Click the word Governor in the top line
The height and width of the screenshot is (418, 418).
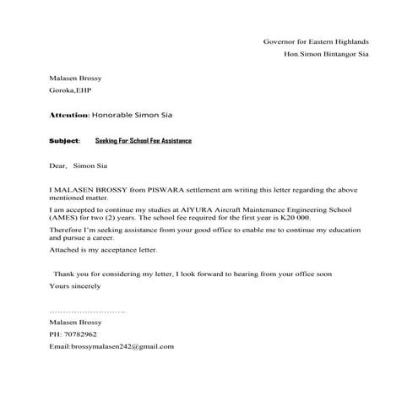click(x=279, y=41)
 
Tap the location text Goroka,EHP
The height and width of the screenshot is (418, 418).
click(x=70, y=90)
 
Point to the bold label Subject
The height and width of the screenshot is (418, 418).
click(x=64, y=140)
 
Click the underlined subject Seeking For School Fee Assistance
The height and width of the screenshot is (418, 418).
click(x=144, y=140)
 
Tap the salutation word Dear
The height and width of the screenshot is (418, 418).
click(x=57, y=166)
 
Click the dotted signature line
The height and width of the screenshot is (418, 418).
click(x=88, y=312)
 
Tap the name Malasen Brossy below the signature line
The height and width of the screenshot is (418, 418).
click(x=75, y=323)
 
